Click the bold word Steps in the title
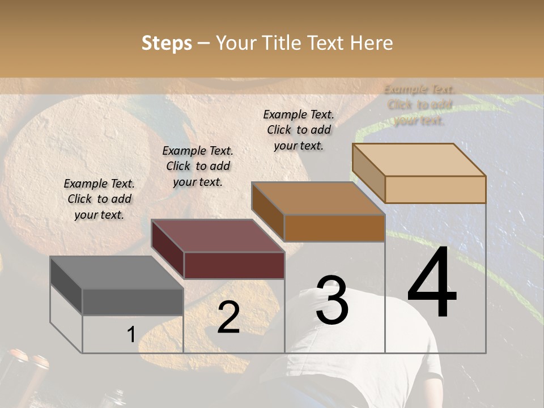pyautogui.click(x=167, y=43)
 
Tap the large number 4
pyautogui.click(x=432, y=284)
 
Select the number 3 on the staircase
pyautogui.click(x=332, y=300)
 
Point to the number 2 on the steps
pyautogui.click(x=228, y=317)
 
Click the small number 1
pyautogui.click(x=131, y=334)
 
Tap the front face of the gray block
pyautogui.click(x=133, y=301)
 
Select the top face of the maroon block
pyautogui.click(x=218, y=236)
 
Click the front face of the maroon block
pyautogui.click(x=234, y=265)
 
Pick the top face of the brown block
pyautogui.click(x=318, y=198)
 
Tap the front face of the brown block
pyautogui.click(x=334, y=228)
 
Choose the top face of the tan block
pyautogui.click(x=419, y=160)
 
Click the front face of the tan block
pyautogui.click(x=435, y=189)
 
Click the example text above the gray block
pyautogui.click(x=99, y=199)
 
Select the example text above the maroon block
pyautogui.click(x=198, y=166)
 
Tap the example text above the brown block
pyautogui.click(x=299, y=130)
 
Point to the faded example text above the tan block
pyautogui.click(x=419, y=105)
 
